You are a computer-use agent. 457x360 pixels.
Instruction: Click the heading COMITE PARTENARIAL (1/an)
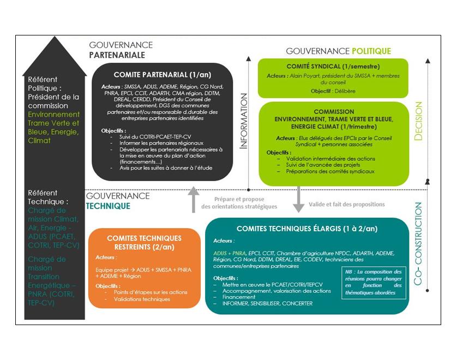[162, 75]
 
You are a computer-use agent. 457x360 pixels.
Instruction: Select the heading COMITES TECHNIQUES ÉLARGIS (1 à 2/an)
[306, 229]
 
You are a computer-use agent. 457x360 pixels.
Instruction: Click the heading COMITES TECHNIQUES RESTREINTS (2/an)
[145, 242]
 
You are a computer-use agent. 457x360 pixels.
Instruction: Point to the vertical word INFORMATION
[244, 121]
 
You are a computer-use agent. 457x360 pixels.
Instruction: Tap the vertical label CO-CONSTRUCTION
[418, 244]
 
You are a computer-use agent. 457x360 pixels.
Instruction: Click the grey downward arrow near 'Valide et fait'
[298, 199]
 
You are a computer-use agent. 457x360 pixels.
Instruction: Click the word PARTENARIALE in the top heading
[117, 55]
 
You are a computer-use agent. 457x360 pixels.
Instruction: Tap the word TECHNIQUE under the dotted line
[108, 206]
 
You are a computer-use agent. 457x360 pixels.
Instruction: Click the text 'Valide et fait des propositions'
[347, 205]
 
